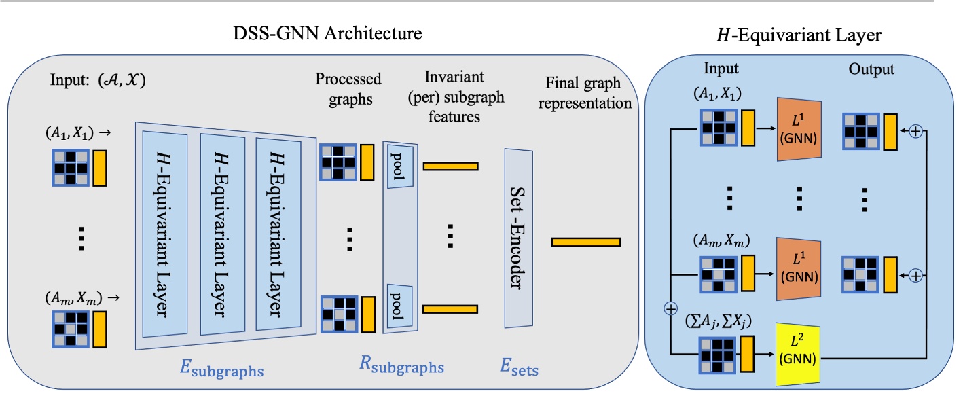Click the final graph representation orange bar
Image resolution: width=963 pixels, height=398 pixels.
click(x=586, y=241)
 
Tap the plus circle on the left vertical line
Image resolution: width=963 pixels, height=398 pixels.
click(x=671, y=309)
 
